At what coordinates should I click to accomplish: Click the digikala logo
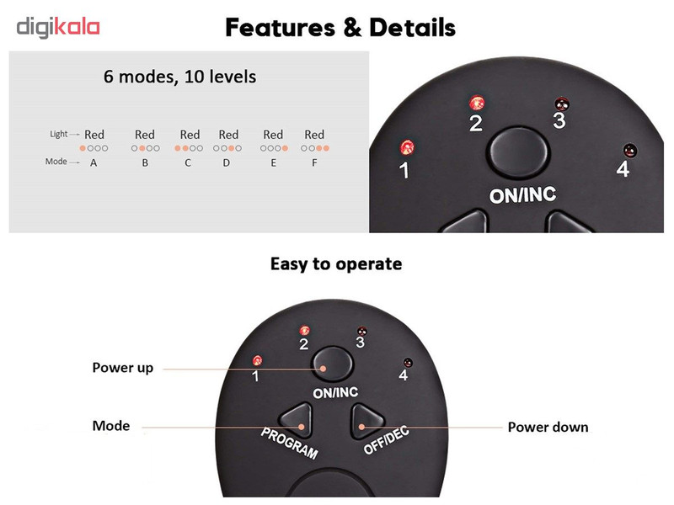[x=58, y=27]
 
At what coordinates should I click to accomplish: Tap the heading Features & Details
[x=340, y=28]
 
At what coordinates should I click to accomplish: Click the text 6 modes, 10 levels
[x=179, y=77]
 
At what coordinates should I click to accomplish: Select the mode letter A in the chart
[x=94, y=162]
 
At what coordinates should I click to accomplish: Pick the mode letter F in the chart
[x=314, y=162]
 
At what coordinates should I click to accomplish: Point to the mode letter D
[x=226, y=162]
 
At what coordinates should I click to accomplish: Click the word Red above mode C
[x=190, y=135]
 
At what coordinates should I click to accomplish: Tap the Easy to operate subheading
[x=336, y=263]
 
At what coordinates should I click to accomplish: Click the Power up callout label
[x=122, y=368]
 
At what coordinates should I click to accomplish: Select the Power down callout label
[x=548, y=427]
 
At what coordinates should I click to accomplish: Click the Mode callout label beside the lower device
[x=111, y=426]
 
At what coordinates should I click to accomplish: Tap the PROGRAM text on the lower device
[x=289, y=444]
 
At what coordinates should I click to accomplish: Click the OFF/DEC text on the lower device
[x=387, y=440]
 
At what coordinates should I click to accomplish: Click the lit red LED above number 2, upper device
[x=477, y=103]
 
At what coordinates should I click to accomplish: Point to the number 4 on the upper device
[x=623, y=169]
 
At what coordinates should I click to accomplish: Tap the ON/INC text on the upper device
[x=522, y=195]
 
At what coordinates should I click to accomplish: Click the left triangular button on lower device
[x=297, y=418]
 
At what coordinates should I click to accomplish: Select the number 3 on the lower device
[x=361, y=343]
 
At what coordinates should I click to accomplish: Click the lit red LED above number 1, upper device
[x=407, y=147]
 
